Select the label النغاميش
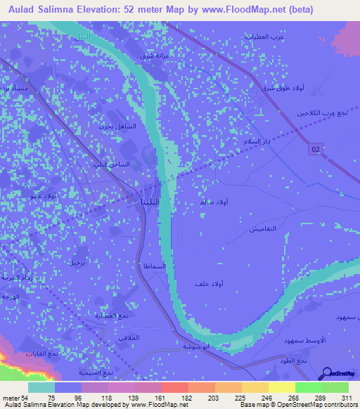263,230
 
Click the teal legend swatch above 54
41,387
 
